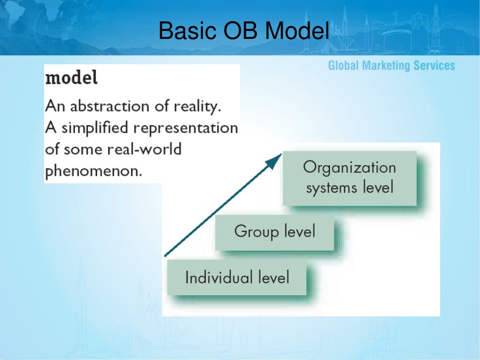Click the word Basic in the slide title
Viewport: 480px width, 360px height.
click(187, 30)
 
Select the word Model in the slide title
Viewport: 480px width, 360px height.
click(297, 30)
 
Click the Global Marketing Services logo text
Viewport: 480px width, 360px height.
click(391, 66)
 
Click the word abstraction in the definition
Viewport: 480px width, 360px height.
click(110, 106)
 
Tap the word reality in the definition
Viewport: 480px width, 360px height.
click(197, 107)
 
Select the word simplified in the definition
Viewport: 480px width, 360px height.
click(95, 127)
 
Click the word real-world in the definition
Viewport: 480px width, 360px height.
click(144, 149)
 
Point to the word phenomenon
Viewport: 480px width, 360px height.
click(93, 171)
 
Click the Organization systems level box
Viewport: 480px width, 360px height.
click(350, 178)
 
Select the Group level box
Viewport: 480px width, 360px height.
click(275, 232)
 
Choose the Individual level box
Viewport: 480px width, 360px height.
click(237, 277)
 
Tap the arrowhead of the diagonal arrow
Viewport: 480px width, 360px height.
click(274, 161)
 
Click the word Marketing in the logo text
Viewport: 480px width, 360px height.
click(386, 66)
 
